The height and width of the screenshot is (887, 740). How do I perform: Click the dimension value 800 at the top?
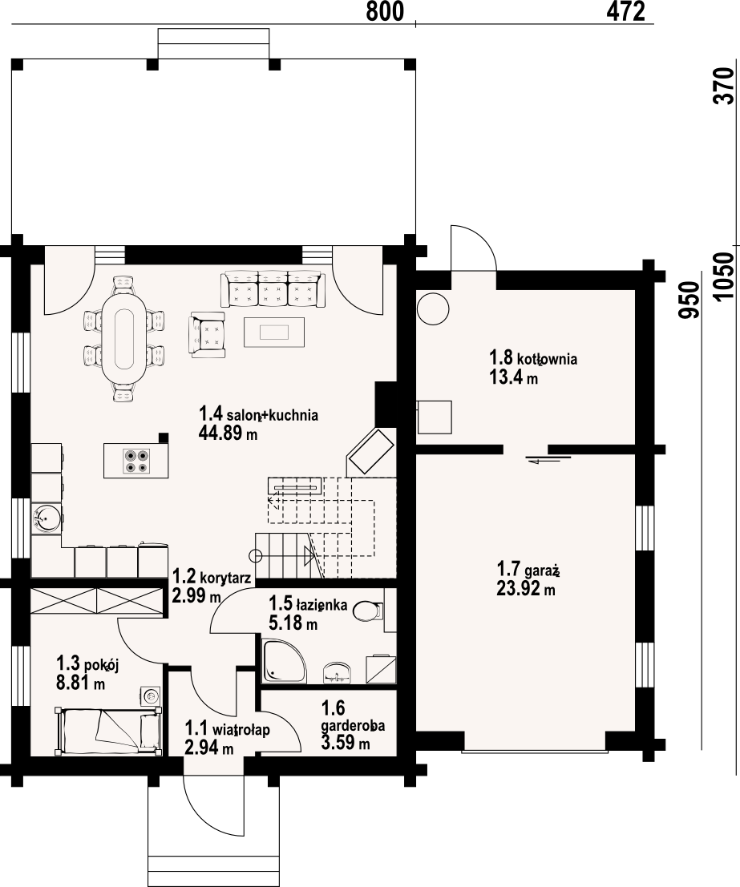385,11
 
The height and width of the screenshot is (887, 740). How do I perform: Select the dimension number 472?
625,11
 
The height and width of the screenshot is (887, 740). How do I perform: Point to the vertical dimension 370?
723,86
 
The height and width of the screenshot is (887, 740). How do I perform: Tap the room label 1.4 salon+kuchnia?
258,414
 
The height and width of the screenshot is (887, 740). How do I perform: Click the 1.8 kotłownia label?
533,358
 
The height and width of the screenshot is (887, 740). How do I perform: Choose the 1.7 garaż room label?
528,569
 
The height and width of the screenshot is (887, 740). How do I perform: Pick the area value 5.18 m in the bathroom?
293,623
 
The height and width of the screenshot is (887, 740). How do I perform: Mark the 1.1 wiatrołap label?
228,728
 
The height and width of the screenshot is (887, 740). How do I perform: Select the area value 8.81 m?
80,683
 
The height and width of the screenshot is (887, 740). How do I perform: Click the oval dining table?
124,339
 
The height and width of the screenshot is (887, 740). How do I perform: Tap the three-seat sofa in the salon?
273,288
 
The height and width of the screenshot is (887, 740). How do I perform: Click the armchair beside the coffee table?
207,334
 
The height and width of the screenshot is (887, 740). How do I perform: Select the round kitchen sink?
45,518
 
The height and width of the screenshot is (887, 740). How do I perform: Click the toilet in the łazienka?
367,611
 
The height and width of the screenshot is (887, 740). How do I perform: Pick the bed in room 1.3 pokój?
107,730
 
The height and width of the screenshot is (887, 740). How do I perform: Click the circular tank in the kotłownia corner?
433,308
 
